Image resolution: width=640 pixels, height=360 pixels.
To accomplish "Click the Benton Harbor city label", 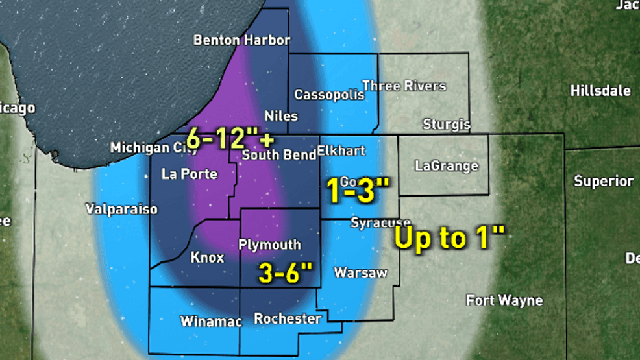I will tap(241, 40).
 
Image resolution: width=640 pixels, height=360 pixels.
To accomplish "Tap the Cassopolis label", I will tap(329, 95).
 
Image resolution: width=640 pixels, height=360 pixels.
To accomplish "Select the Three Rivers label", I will tap(404, 86).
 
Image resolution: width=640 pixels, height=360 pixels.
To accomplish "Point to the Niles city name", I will tap(281, 117).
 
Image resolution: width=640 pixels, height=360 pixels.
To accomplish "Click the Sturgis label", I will tap(446, 124).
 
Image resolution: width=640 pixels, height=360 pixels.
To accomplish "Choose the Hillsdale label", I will tap(600, 91).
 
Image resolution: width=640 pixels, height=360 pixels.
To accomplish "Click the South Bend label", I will tap(279, 155).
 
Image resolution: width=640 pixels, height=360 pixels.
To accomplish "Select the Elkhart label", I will tap(341, 151).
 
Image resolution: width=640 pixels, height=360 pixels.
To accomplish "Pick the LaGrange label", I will tap(446, 167).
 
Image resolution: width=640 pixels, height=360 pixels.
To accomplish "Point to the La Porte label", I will tap(189, 174).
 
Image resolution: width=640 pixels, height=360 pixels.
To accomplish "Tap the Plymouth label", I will tap(269, 245).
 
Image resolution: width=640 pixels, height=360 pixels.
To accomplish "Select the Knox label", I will tap(207, 258).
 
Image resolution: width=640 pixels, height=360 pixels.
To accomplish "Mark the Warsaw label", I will tap(360, 273).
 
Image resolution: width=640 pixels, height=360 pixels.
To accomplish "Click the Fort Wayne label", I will tap(504, 300).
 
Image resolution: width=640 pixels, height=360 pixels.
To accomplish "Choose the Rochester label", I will tap(287, 319).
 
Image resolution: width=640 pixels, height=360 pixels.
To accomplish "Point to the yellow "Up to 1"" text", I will tap(449, 239).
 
